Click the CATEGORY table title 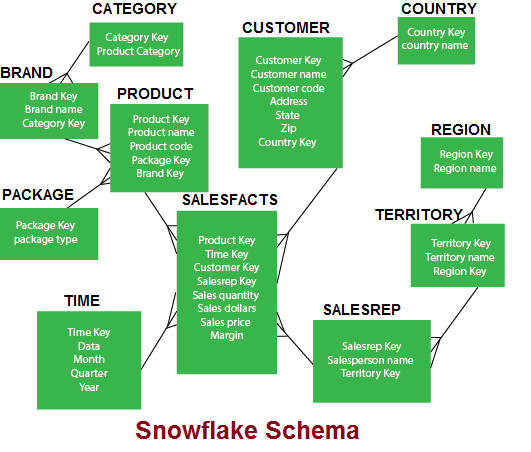coord(134,9)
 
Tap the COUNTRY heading coord(439,9)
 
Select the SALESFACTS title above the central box coord(230,200)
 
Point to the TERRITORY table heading coord(419,215)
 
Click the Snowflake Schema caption coord(247,430)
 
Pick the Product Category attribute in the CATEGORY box coord(138,51)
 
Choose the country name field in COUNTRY coord(435,45)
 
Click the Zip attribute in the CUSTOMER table coord(289,128)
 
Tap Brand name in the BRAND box coord(54,109)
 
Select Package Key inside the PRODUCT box coord(161,160)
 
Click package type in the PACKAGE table coord(46,239)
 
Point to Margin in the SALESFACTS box coord(227,336)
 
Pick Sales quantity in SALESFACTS coord(226,295)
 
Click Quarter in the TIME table coord(89,373)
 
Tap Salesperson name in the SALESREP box coord(370,360)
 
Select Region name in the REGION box coord(465,168)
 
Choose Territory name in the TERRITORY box coord(460,257)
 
